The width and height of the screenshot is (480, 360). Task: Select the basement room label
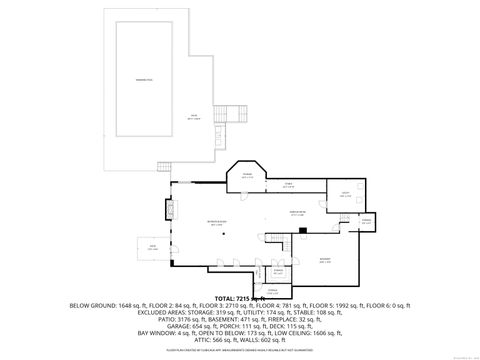coord(325,260)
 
